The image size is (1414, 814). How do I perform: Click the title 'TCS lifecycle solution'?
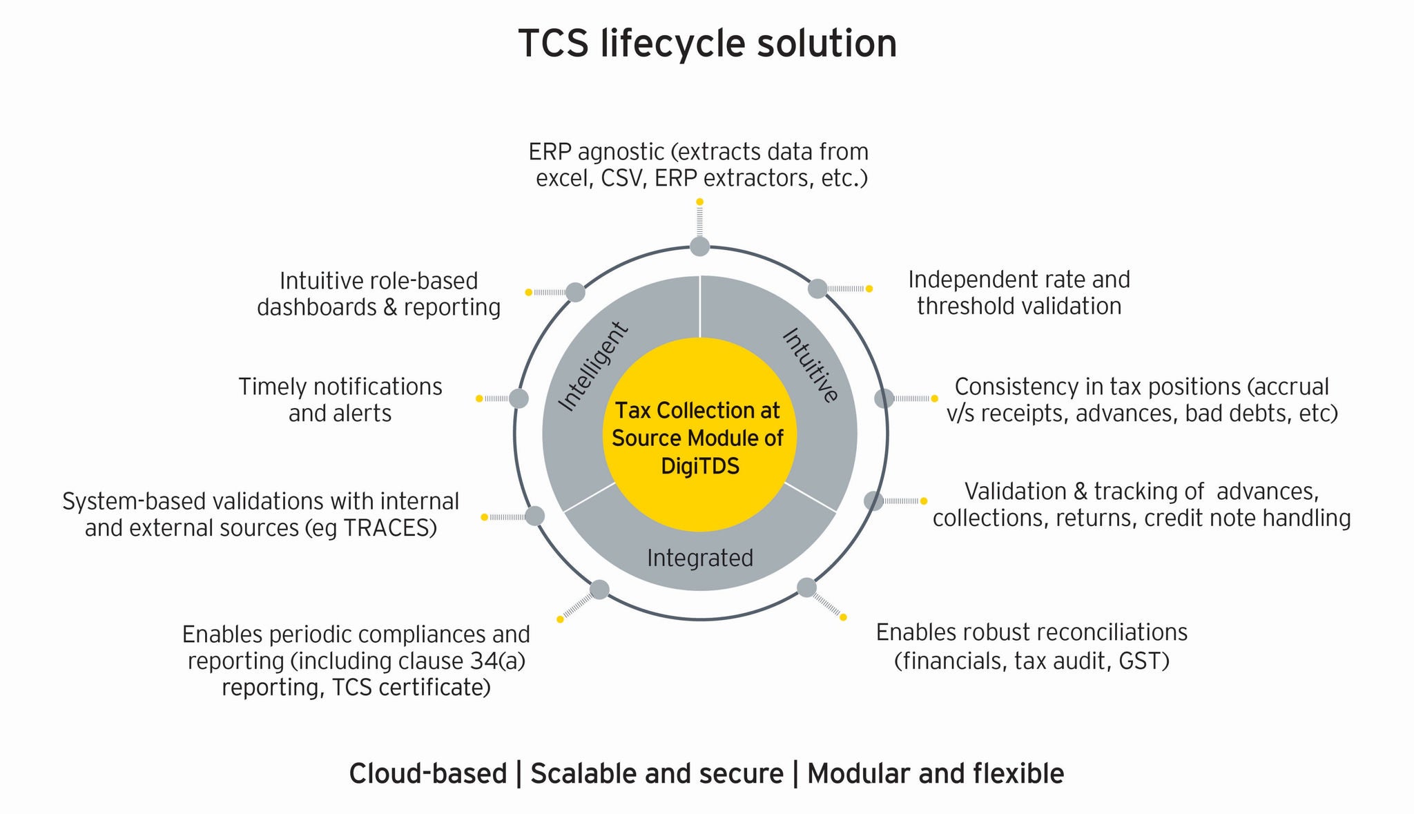[x=707, y=43]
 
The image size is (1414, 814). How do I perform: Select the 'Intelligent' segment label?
[x=593, y=367]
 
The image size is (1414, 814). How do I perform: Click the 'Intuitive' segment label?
[x=811, y=365]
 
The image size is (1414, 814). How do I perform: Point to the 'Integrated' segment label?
[x=699, y=558]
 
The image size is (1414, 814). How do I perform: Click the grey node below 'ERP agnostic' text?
[x=699, y=246]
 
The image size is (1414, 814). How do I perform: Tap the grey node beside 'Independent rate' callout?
[x=817, y=289]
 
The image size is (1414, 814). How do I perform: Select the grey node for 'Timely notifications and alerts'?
[x=519, y=398]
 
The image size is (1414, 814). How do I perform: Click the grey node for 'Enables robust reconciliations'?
[x=806, y=588]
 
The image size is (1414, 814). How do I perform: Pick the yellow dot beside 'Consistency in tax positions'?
[x=934, y=398]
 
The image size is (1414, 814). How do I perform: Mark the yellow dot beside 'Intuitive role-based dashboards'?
[x=529, y=293]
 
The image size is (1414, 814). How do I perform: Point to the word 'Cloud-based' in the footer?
[x=428, y=774]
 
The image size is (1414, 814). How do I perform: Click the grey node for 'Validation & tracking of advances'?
[x=873, y=501]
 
